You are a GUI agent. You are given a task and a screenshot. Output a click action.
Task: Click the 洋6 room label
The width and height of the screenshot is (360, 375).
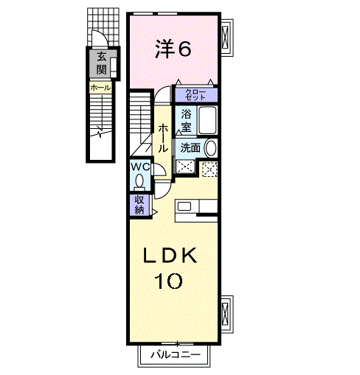(173, 49)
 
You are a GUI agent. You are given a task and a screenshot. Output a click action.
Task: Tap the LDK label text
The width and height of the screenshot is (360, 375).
(170, 256)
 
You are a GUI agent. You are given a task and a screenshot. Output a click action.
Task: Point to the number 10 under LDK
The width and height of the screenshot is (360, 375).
(169, 281)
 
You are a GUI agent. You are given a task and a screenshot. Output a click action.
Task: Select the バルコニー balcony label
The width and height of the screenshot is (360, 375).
(176, 354)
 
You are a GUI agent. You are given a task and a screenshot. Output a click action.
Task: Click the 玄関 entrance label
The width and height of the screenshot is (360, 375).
(101, 63)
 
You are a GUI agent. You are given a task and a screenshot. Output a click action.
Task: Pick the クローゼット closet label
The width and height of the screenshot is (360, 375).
(195, 95)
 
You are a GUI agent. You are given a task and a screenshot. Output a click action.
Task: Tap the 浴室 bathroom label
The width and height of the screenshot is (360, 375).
(186, 120)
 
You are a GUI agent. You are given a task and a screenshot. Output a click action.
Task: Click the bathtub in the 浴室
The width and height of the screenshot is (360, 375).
(208, 120)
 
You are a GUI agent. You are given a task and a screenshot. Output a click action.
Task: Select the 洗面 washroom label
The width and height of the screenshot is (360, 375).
(190, 148)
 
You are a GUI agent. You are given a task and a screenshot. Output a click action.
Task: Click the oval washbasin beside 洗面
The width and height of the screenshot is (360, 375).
(211, 148)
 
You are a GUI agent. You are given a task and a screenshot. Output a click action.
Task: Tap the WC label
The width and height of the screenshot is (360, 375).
(140, 167)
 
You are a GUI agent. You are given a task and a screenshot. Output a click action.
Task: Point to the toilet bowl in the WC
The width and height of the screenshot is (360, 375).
(139, 182)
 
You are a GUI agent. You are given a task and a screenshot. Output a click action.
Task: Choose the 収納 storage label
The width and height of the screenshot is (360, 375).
(139, 205)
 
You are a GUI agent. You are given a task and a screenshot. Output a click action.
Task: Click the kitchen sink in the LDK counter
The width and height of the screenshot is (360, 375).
(184, 206)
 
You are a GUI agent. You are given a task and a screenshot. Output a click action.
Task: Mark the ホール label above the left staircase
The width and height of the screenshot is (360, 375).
(100, 88)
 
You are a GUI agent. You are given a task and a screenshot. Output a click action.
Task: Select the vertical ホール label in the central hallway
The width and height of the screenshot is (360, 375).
(163, 138)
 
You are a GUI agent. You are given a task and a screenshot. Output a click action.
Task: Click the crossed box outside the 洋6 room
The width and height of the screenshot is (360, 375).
(225, 38)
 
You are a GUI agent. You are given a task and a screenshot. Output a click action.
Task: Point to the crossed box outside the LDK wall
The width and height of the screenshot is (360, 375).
(225, 314)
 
